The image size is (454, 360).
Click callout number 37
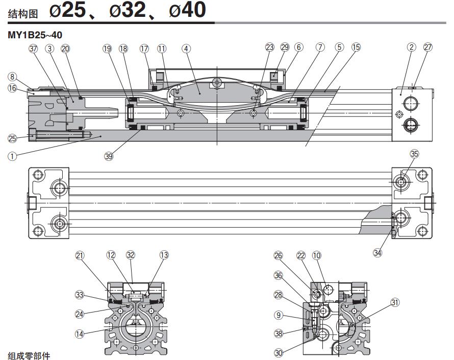tap(34, 48)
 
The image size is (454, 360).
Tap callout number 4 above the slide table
tap(186, 48)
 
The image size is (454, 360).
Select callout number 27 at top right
tap(427, 47)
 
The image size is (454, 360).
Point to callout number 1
tap(12, 156)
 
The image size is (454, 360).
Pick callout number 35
tap(414, 153)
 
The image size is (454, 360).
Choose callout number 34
tap(377, 251)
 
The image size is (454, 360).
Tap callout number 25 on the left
tap(12, 137)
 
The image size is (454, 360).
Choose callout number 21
tap(80, 254)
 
